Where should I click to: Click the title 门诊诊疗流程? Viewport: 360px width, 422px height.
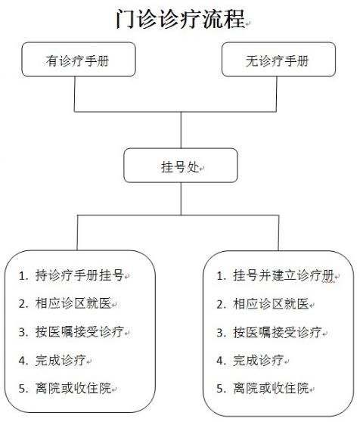[x=180, y=19]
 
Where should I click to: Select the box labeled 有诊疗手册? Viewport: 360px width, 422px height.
[x=79, y=59]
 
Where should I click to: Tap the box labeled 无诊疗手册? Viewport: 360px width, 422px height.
[x=278, y=59]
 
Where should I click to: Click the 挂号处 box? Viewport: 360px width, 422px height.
[x=181, y=166]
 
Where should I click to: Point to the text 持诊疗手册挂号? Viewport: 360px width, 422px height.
[x=79, y=275]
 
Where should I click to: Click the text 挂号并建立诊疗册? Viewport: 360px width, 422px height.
[x=284, y=275]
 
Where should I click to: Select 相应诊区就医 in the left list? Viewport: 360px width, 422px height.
[x=73, y=303]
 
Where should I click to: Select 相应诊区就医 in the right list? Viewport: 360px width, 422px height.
[x=271, y=304]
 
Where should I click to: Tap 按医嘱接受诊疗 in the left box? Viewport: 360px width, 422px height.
[x=79, y=332]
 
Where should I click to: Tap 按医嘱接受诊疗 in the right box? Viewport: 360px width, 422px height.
[x=278, y=332]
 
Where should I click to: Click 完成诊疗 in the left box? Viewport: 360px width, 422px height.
[x=61, y=360]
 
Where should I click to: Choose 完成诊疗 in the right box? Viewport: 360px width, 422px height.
[x=259, y=361]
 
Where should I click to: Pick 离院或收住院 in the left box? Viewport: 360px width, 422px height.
[x=73, y=389]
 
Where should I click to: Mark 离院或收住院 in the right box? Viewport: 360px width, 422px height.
[x=271, y=389]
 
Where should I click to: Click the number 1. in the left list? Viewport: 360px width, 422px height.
[x=23, y=276]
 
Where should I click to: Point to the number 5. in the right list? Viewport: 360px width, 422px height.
[x=221, y=389]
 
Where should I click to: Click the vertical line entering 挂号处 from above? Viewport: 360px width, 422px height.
[x=181, y=130]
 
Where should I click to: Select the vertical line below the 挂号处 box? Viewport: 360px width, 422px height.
[x=181, y=199]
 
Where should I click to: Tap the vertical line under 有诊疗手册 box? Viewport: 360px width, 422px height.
[x=75, y=94]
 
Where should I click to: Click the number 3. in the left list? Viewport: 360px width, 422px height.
[x=23, y=332]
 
